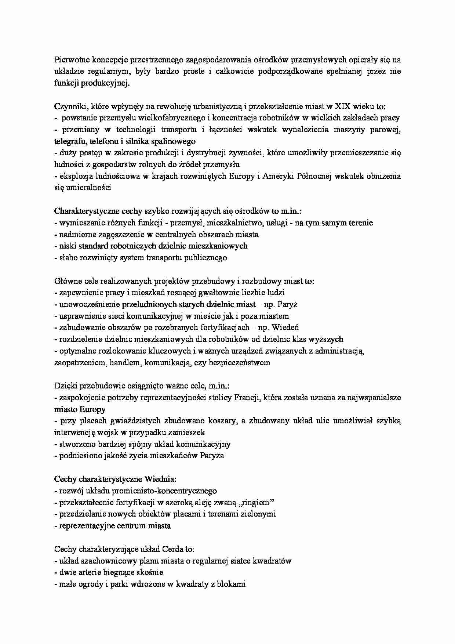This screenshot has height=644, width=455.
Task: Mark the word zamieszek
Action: [188, 433]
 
